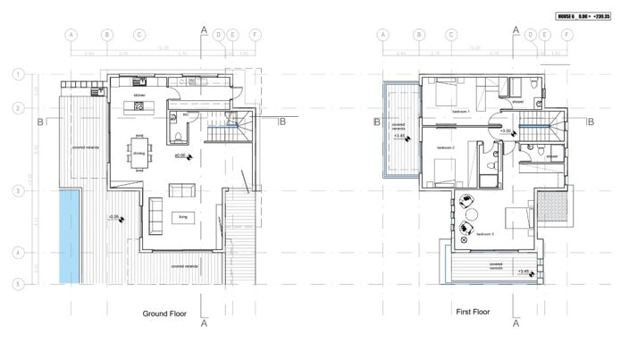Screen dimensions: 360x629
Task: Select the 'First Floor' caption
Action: click(x=474, y=313)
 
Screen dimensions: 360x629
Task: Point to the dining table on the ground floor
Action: click(x=139, y=155)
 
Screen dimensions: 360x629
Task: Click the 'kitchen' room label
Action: click(x=139, y=94)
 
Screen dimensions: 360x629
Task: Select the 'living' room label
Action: click(x=182, y=216)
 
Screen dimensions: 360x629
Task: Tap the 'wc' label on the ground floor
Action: click(x=185, y=114)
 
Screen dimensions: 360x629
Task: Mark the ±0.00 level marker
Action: click(x=181, y=155)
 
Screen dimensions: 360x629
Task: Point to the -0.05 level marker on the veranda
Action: click(x=114, y=216)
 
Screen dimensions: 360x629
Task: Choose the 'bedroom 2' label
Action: click(x=446, y=147)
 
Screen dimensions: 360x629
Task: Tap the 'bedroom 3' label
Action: click(x=484, y=234)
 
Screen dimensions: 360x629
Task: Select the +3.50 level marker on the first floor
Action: click(x=506, y=131)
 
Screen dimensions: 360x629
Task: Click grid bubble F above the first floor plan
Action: click(x=566, y=35)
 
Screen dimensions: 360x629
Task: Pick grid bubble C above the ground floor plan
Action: click(x=139, y=35)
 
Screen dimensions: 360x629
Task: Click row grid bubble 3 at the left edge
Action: click(x=17, y=190)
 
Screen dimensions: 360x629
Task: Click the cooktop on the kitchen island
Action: click(x=139, y=106)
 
